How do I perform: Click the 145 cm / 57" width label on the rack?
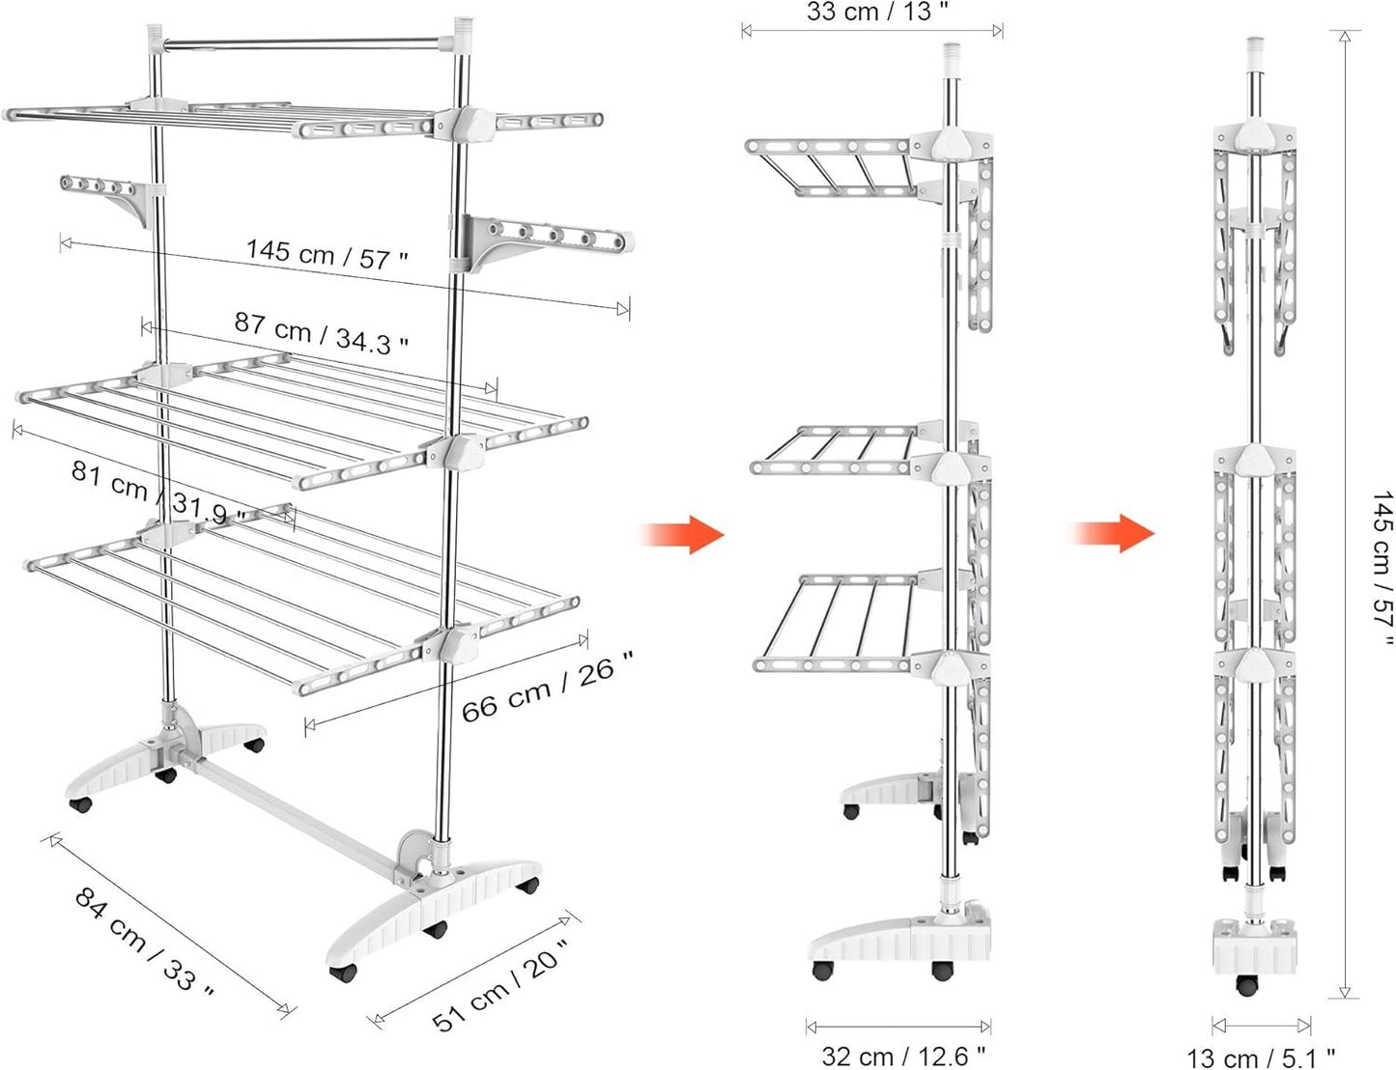point(327,255)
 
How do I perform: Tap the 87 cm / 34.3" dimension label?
point(321,334)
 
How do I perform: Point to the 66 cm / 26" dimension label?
point(547,688)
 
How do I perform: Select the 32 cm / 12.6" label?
point(903,1055)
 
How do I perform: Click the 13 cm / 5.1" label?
point(1261,1057)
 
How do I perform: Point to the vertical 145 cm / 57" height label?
point(1382,570)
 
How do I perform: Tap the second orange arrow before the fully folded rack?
point(1113,532)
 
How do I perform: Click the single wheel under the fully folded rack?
point(1247,986)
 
